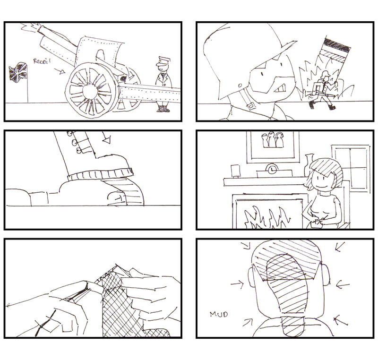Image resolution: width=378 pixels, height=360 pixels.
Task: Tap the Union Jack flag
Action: [x=18, y=72]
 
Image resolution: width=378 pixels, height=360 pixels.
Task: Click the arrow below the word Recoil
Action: [x=60, y=70]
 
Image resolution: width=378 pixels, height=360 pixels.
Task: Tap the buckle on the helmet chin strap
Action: [x=251, y=106]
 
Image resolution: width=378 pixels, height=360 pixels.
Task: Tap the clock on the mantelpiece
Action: [x=272, y=169]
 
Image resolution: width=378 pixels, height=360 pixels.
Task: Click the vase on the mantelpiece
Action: [x=309, y=165]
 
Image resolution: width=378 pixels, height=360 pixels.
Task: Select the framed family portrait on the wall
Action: [x=273, y=146]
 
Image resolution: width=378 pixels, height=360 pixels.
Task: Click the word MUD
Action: [x=218, y=314]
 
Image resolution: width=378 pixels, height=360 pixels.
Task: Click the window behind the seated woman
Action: [x=351, y=169]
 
